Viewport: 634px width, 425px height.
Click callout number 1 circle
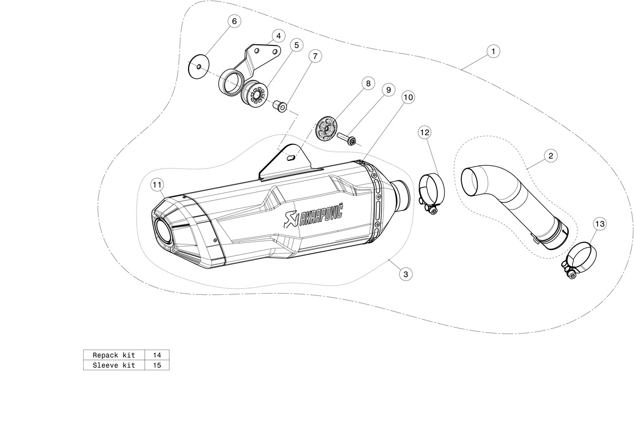pos(492,51)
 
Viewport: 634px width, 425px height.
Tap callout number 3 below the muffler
pos(405,274)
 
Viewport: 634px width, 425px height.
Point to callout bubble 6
pos(234,21)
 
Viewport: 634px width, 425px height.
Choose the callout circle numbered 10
pos(408,97)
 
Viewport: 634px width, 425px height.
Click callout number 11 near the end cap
pos(157,185)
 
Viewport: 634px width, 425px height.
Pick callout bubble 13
pos(600,224)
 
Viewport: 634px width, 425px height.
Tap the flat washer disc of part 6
pos(198,67)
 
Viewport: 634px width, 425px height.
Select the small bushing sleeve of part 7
pos(281,106)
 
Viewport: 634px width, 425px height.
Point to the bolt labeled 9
pos(346,138)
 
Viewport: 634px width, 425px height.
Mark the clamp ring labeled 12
pos(431,189)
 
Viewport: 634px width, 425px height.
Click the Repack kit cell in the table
pos(114,356)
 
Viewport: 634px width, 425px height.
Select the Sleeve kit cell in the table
pos(114,365)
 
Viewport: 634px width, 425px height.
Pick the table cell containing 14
pos(157,356)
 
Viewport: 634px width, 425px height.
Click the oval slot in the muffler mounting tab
pos(291,157)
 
